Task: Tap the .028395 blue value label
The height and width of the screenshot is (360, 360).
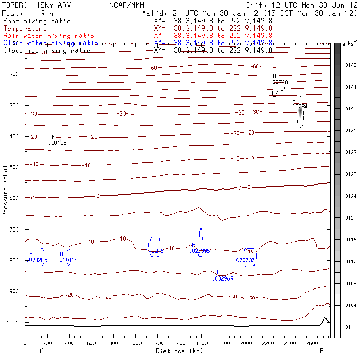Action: (x=199, y=251)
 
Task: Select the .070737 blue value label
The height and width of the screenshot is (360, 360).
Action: (x=245, y=260)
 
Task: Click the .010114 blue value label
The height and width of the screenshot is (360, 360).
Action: (x=68, y=260)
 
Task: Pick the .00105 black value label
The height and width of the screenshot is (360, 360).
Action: (x=58, y=143)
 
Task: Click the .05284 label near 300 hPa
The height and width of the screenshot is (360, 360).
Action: (x=300, y=106)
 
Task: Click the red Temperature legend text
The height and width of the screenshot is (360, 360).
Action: (x=25, y=29)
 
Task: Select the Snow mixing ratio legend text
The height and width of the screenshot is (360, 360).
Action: (x=37, y=21)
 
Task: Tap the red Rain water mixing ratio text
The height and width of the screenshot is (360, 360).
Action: (x=49, y=36)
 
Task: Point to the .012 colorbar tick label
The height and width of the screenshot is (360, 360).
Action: (x=348, y=218)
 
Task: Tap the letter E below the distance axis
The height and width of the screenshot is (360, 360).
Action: (x=321, y=350)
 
